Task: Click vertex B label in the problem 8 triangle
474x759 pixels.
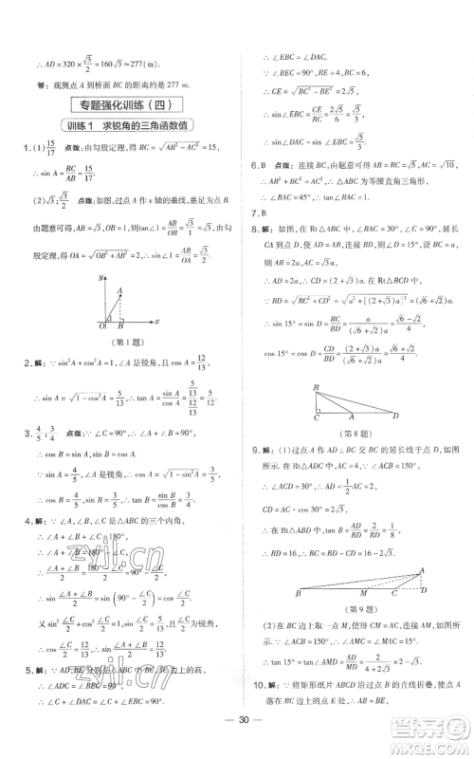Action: coord(316,387)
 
